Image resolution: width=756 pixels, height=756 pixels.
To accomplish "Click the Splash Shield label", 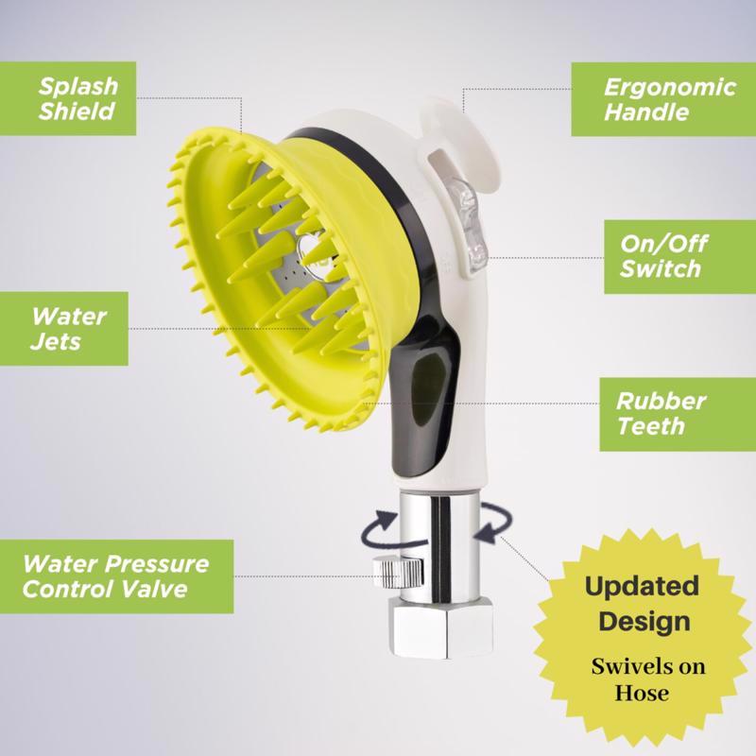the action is pyautogui.click(x=68, y=98).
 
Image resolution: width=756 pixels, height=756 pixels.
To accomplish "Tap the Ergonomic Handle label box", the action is pyautogui.click(x=663, y=99).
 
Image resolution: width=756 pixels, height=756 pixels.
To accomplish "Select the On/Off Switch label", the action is pyautogui.click(x=679, y=257).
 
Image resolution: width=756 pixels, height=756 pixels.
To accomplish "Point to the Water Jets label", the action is pyautogui.click(x=64, y=328).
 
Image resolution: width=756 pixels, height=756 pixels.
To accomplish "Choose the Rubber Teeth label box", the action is pyautogui.click(x=678, y=414).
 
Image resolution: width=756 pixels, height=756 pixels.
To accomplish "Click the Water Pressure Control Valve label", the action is pyautogui.click(x=116, y=576).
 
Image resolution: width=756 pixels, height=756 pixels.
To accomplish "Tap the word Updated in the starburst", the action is pyautogui.click(x=642, y=586).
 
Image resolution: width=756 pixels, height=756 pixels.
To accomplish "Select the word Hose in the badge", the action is pyautogui.click(x=642, y=694).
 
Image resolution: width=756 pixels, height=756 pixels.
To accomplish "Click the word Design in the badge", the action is pyautogui.click(x=644, y=621).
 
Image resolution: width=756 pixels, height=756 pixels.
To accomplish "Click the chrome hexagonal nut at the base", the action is pyautogui.click(x=442, y=627).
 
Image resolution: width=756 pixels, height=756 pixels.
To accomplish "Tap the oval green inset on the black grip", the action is pyautogui.click(x=425, y=385).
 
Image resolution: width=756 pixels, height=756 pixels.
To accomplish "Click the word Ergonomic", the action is pyautogui.click(x=670, y=87).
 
